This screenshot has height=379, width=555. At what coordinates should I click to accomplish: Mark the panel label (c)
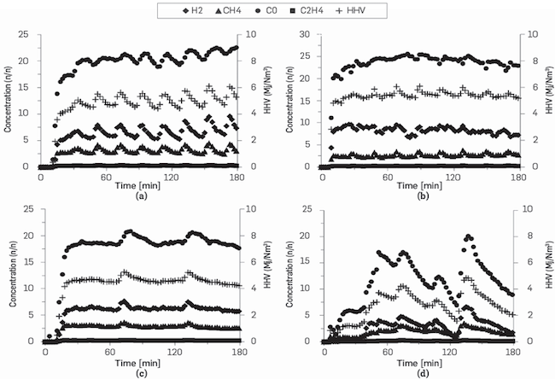141,370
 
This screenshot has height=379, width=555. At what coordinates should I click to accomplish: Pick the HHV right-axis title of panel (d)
546,275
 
